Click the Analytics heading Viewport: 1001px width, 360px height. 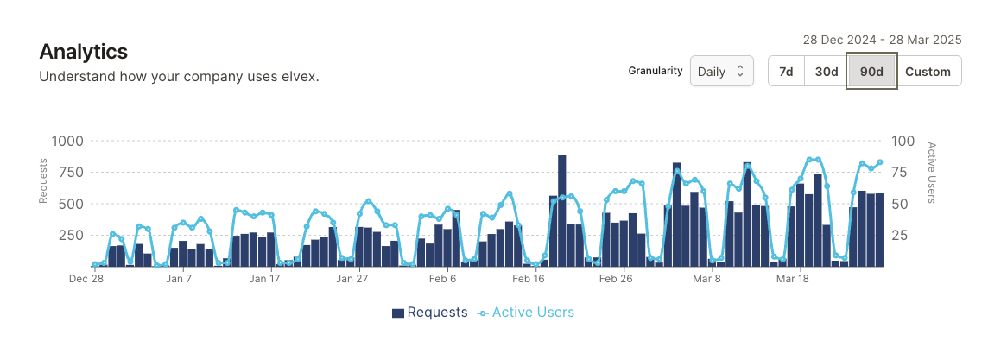coord(84,52)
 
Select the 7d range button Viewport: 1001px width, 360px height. coord(786,72)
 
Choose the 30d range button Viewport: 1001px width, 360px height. coord(827,72)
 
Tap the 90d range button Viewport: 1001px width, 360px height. coord(871,72)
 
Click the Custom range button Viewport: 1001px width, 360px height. coord(928,72)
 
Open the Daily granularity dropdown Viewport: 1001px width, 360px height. coord(721,72)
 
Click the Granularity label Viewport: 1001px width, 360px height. coord(656,71)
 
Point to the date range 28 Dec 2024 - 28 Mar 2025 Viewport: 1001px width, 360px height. coord(882,40)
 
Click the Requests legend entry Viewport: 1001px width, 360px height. coord(429,313)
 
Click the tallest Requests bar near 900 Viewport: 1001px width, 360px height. coord(561,210)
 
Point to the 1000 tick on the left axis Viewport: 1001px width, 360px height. coord(67,142)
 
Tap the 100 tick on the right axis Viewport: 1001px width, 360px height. coord(903,142)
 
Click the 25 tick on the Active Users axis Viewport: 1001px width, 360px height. coord(900,235)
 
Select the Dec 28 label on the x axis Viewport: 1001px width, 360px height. coord(86,279)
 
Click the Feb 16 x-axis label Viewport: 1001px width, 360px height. coord(528,279)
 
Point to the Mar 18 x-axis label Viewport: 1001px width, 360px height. coord(792,279)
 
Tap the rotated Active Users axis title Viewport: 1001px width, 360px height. coord(931,173)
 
